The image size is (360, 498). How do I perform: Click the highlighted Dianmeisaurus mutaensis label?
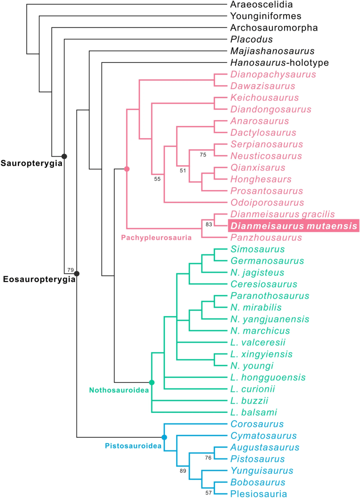tap(293, 226)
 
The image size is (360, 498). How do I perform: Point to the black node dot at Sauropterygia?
tap(64, 156)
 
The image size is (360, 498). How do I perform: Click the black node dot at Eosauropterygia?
tap(76, 273)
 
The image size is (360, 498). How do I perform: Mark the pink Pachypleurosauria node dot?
tap(126, 169)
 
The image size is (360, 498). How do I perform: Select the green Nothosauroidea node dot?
tap(151, 383)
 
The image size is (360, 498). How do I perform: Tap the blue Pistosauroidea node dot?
tap(164, 437)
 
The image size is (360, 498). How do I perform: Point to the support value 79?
tap(70, 270)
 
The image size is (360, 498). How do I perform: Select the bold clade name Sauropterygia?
tap(31, 163)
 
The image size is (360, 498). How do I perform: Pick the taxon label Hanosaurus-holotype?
tap(279, 63)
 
